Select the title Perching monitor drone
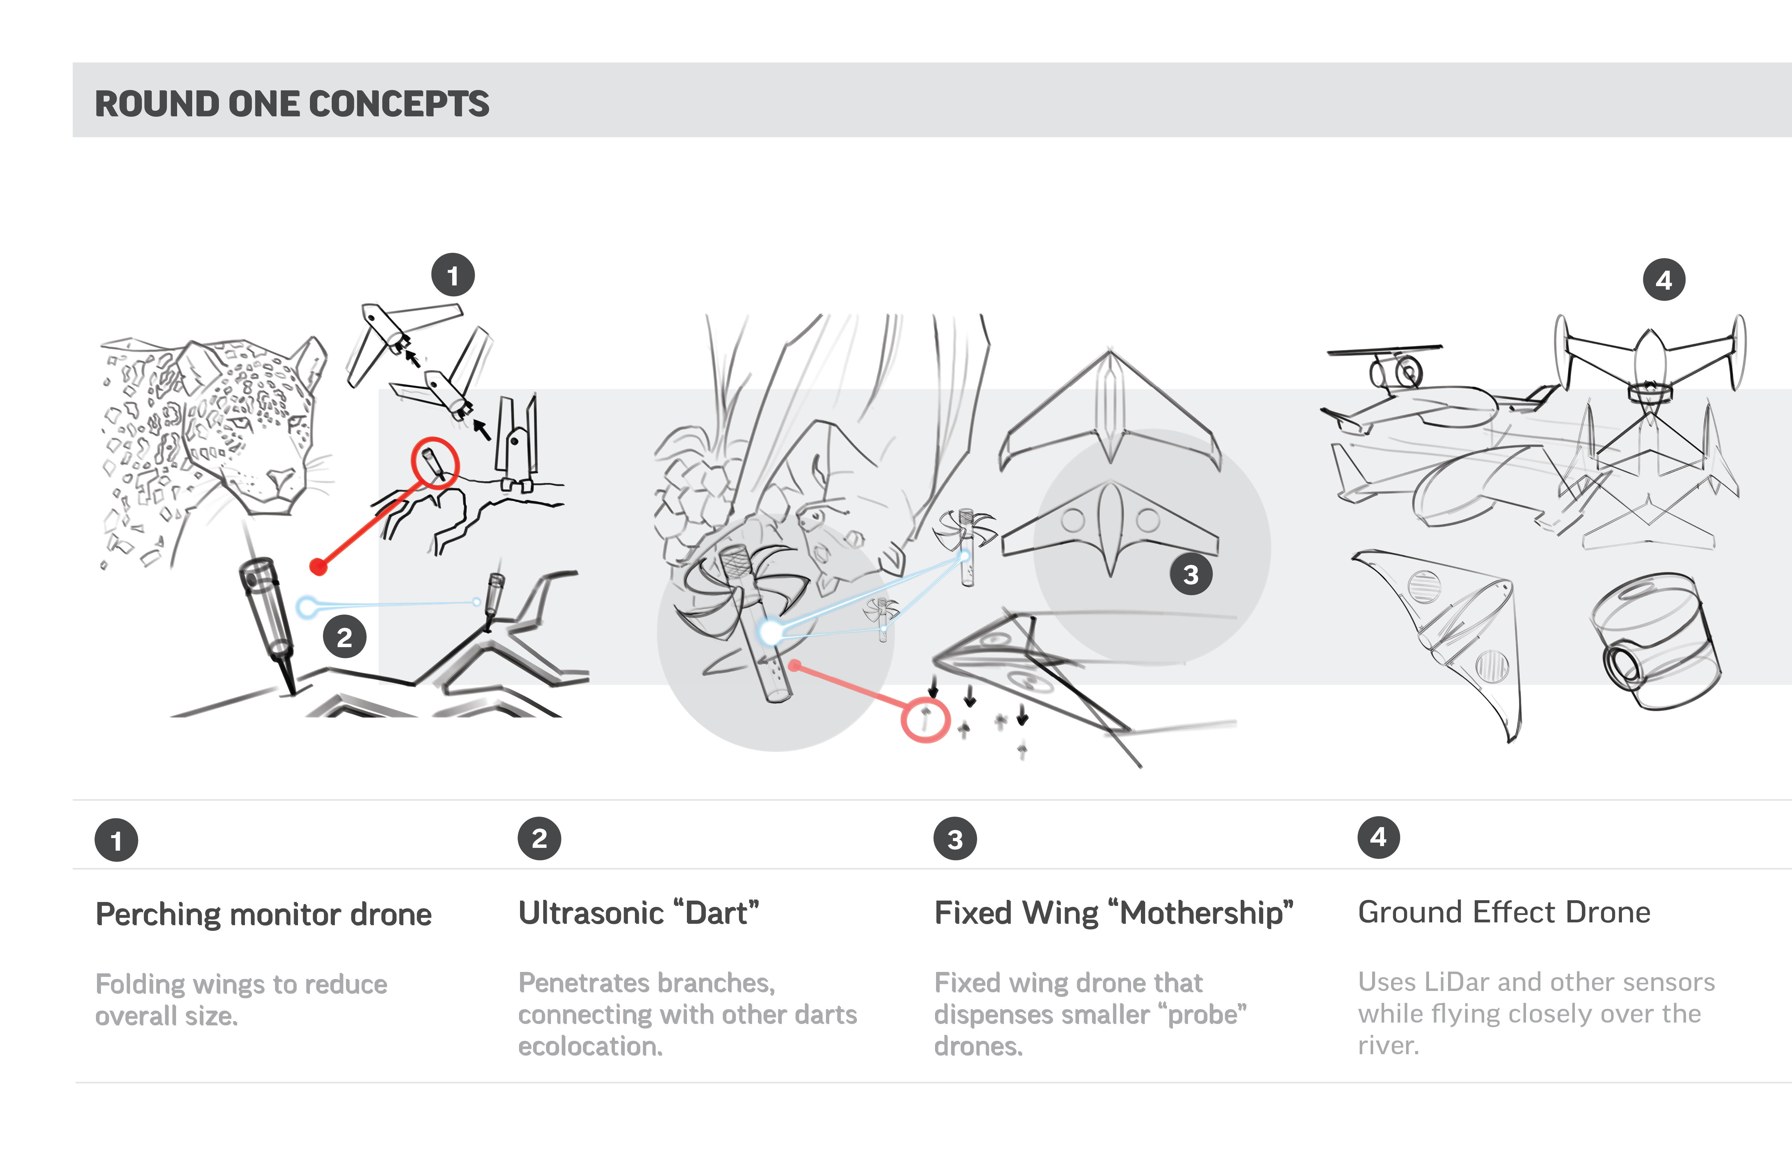pos(264,914)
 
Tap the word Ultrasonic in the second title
pos(591,913)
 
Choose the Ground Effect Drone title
pos(1504,912)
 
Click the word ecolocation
pos(590,1046)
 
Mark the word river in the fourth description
pos(1388,1045)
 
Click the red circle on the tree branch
pos(434,463)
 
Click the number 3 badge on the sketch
pos(1190,575)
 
